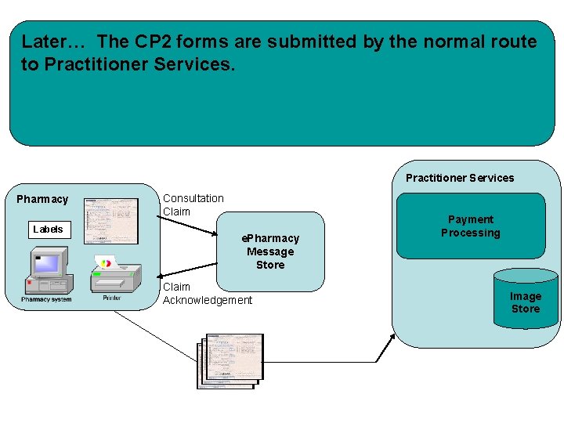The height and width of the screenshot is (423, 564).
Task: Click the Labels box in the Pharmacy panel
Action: (48, 230)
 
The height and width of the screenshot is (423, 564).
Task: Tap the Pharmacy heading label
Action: (42, 199)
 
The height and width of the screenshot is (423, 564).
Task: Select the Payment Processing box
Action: (470, 226)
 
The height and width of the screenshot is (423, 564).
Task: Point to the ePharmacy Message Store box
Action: (270, 251)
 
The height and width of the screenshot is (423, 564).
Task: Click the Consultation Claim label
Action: (193, 204)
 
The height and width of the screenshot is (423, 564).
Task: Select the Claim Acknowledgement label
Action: (207, 294)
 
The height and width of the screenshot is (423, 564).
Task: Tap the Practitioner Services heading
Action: (460, 178)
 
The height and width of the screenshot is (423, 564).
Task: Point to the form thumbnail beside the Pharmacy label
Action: (110, 220)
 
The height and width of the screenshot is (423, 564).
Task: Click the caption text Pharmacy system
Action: (46, 299)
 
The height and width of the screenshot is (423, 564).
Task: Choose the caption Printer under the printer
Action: (112, 298)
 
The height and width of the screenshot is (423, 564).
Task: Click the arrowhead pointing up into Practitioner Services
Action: (392, 335)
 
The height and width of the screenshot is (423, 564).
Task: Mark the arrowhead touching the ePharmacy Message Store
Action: (217, 235)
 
